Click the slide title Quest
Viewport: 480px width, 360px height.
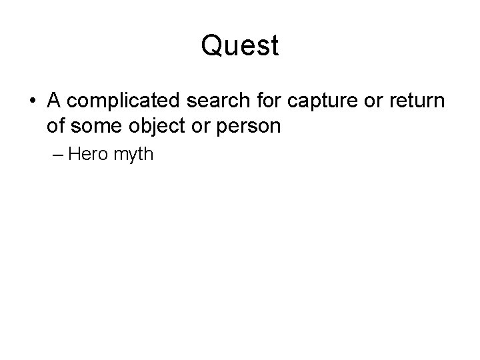click(x=239, y=46)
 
